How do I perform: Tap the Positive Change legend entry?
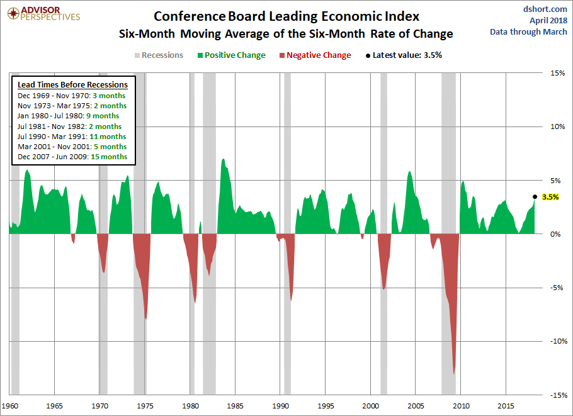tap(232, 55)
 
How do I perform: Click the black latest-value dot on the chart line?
tap(535, 197)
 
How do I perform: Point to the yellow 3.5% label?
tap(550, 197)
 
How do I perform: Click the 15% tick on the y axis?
tap(557, 73)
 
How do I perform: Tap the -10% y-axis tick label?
tap(555, 342)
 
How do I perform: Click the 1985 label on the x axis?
tap(235, 405)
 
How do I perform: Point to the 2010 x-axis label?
tap(462, 405)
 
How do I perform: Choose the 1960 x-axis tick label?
tap(9, 405)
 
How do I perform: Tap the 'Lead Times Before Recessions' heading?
tap(72, 85)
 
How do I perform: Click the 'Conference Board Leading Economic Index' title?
tap(286, 16)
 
